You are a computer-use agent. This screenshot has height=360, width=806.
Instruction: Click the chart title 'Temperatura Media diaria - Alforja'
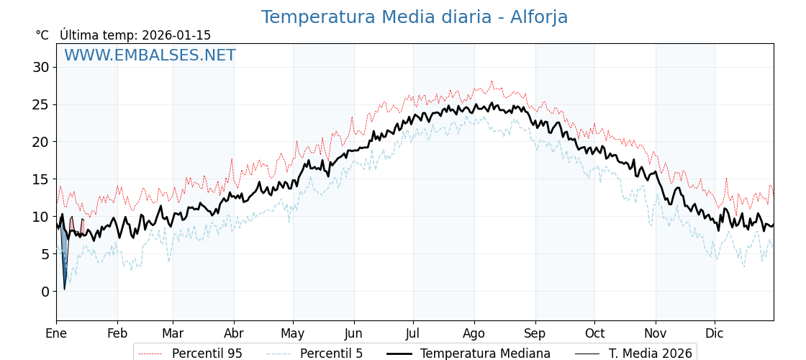pos(414,17)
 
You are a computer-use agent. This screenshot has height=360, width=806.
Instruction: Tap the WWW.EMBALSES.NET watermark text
pos(150,55)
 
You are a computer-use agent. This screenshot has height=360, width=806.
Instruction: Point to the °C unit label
pos(42,35)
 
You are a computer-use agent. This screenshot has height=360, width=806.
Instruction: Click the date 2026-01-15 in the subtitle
pos(176,35)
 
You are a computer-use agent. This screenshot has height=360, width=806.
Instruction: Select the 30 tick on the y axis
pos(40,68)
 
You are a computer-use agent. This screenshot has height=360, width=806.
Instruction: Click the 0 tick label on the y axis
pos(45,292)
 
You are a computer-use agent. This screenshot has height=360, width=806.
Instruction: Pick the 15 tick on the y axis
pos(40,179)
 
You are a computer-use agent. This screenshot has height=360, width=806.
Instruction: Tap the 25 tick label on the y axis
pos(40,104)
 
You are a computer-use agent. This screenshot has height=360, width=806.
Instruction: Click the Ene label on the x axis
pos(56,333)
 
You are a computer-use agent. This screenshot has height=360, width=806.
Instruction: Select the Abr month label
pos(234,333)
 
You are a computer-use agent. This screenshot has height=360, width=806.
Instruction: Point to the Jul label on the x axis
pos(413,333)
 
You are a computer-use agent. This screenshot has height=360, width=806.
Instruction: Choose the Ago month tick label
pos(474,333)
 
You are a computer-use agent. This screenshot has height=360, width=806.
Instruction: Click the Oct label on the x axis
pos(594,333)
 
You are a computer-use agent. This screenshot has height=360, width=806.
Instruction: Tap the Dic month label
pos(715,333)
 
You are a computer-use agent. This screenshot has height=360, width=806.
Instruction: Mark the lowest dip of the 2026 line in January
pos(64,289)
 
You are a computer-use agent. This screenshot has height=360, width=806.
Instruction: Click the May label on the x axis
pos(293,333)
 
